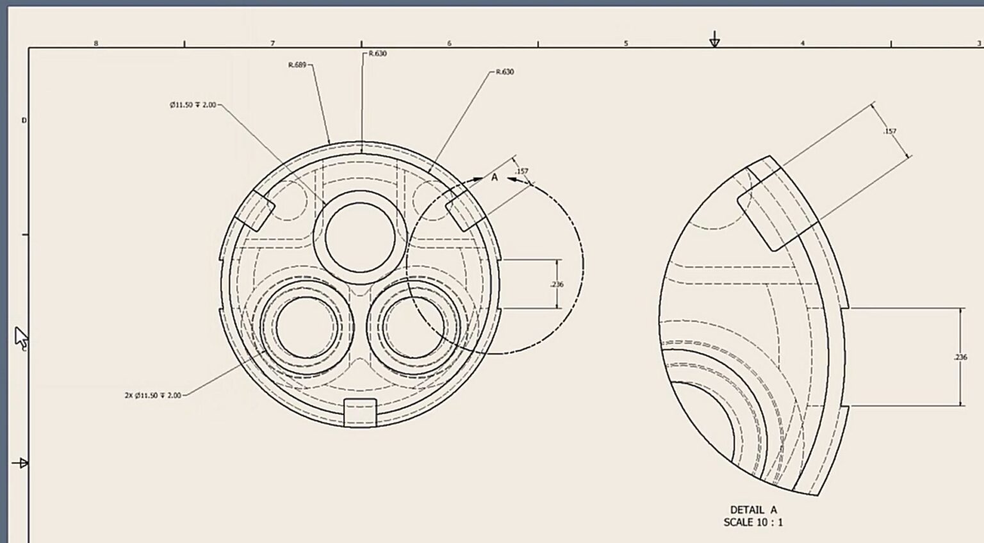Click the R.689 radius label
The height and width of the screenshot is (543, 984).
pos(297,65)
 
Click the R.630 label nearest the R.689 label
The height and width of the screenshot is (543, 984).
pos(377,54)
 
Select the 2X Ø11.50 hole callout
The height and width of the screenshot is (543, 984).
pos(152,396)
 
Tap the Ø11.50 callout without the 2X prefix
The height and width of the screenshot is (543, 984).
pos(193,105)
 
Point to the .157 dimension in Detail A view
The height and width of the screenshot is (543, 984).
pos(890,131)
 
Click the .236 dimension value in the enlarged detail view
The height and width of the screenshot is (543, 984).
pos(960,357)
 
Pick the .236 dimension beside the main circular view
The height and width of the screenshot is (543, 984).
pos(557,284)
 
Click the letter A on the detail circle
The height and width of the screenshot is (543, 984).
pos(495,177)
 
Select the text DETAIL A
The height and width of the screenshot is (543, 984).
pos(753,510)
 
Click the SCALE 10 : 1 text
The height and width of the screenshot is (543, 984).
pos(753,523)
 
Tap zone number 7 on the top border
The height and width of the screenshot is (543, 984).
pos(272,44)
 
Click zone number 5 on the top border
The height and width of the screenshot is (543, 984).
pos(626,44)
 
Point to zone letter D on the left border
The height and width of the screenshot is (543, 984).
pos(24,120)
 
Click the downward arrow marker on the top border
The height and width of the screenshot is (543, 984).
pos(714,41)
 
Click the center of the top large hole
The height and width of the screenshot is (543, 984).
pos(360,237)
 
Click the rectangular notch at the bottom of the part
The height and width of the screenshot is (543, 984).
pos(360,412)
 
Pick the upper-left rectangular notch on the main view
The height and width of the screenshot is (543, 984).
pos(254,211)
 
